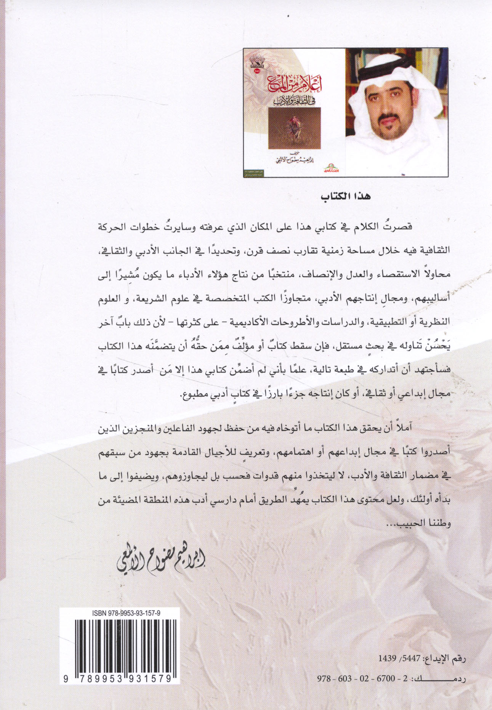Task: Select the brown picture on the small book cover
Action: (x=294, y=128)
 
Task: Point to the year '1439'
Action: (x=388, y=658)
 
